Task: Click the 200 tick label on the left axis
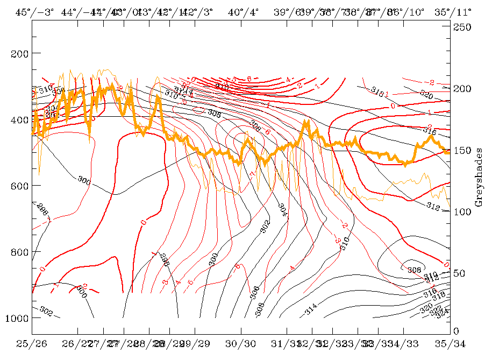(x=18, y=53)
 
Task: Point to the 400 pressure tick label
(x=18, y=119)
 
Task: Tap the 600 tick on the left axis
(x=18, y=186)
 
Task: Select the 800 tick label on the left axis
(x=18, y=252)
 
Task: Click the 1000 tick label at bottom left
(x=16, y=318)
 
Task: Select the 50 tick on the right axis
(x=460, y=273)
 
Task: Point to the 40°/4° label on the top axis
(x=240, y=11)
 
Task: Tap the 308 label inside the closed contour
(x=413, y=270)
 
